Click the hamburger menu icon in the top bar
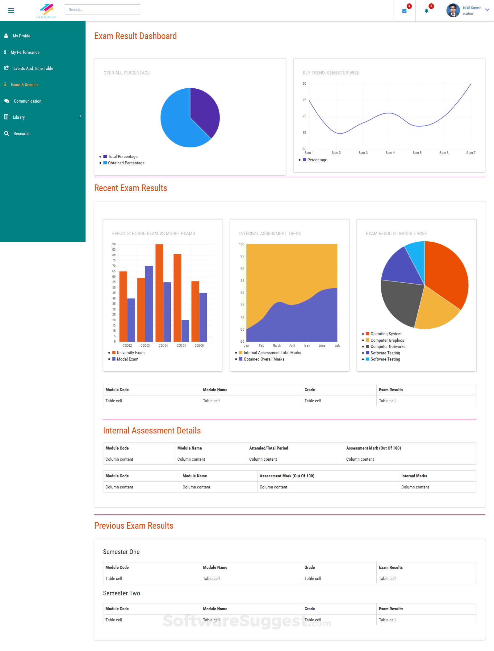pyautogui.click(x=11, y=11)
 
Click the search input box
pyautogui.click(x=102, y=10)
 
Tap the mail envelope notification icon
pyautogui.click(x=404, y=11)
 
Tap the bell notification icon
pyautogui.click(x=426, y=11)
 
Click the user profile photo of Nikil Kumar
pyautogui.click(x=453, y=11)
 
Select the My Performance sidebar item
pyautogui.click(x=25, y=52)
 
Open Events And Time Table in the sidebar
pyautogui.click(x=33, y=68)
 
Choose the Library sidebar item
pyautogui.click(x=19, y=117)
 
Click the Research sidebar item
pyautogui.click(x=22, y=133)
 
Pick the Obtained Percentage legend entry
pyautogui.click(x=126, y=163)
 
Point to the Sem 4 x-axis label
pyautogui.click(x=390, y=153)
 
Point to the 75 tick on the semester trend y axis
pyautogui.click(x=304, y=100)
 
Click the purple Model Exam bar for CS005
pyautogui.click(x=185, y=331)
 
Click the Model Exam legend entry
pyautogui.click(x=127, y=359)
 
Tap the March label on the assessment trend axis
pyautogui.click(x=277, y=345)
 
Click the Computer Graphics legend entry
pyautogui.click(x=387, y=340)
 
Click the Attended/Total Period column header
pyautogui.click(x=269, y=448)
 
